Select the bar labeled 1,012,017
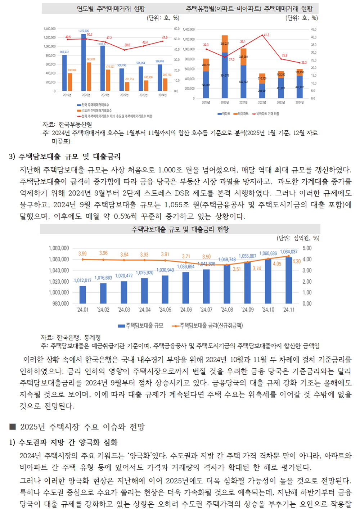[82, 294]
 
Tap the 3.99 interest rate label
[82, 254]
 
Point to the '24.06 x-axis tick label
[186, 310]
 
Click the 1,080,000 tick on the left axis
[59, 248]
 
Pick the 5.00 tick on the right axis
[307, 248]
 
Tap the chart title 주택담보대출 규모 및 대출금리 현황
[180, 229]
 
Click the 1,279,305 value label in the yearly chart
[84, 31]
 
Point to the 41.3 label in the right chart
[266, 35]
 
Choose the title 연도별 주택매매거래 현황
[111, 9]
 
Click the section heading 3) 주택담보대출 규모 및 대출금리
[65, 157]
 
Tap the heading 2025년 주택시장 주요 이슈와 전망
[82, 427]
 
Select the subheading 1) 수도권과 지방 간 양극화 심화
[64, 442]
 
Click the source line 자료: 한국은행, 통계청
[71, 337]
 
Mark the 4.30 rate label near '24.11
[296, 261]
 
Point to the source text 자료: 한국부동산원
[67, 125]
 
